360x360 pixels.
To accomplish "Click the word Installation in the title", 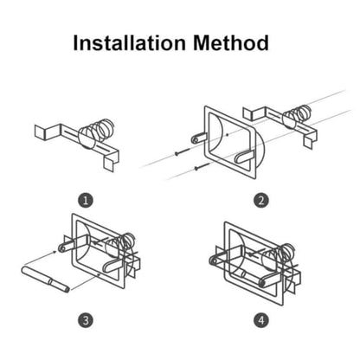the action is click(x=129, y=43).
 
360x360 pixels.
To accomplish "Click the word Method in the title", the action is click(x=231, y=43).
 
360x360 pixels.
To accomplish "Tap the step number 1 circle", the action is click(x=86, y=200).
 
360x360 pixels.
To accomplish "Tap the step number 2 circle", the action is click(x=261, y=200).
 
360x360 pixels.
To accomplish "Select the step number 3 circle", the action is click(x=86, y=320).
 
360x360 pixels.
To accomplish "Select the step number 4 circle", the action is click(x=261, y=320).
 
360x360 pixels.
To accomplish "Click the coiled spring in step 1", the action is click(x=98, y=129).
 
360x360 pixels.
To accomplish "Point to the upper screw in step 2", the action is click(x=183, y=151).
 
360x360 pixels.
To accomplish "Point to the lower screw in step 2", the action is click(x=202, y=166).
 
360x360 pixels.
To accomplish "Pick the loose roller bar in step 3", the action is click(x=46, y=280).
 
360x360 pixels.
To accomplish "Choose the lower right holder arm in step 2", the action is click(x=245, y=157).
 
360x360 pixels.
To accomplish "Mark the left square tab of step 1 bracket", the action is click(x=41, y=132).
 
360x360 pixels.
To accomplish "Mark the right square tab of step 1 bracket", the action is click(x=109, y=164).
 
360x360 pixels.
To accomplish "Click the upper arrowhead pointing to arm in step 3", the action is click(x=55, y=253).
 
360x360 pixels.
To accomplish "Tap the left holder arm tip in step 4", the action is click(x=214, y=261).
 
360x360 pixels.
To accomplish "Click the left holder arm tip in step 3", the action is click(x=62, y=247).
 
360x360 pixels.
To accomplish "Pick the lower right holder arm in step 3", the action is click(x=112, y=266).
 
